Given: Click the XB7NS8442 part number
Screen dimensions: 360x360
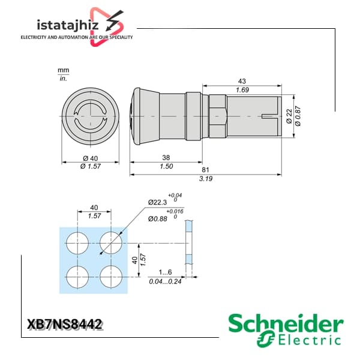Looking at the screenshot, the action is pos(64,325).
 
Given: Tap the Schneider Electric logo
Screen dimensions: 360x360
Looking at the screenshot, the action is pos(286,330).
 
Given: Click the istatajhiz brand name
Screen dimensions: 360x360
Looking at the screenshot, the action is pos(68,25).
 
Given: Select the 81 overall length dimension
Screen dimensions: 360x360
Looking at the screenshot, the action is pos(205,170).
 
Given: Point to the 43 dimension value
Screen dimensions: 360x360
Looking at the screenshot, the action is pos(242,81).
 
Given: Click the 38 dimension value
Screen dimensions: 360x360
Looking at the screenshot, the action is pos(166,157).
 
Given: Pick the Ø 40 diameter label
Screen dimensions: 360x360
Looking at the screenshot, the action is pos(91,158).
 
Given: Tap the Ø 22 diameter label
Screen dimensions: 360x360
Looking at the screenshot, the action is pos(289,116).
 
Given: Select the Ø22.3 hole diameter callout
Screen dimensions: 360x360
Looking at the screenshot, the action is pos(157,202).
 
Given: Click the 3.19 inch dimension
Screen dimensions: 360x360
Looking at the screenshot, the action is pos(206,179).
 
